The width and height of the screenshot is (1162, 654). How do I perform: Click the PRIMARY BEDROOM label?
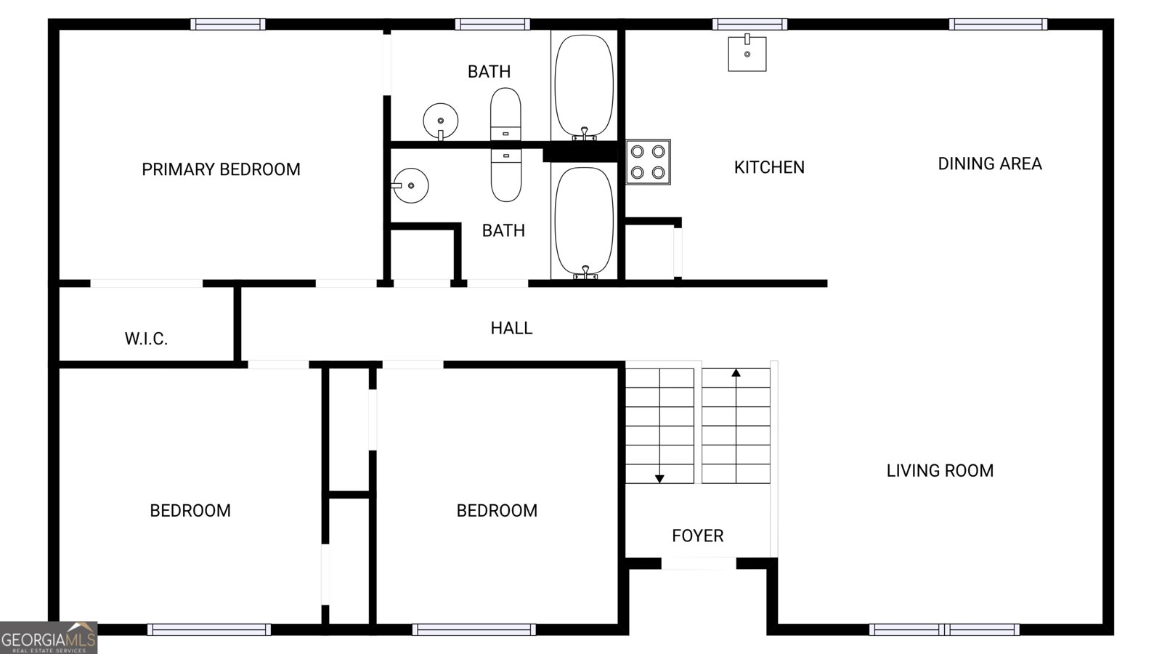click(221, 169)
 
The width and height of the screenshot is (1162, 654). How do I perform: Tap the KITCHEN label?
click(769, 167)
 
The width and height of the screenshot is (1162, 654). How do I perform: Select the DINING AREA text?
click(990, 163)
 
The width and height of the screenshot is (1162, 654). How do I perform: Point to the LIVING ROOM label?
click(940, 471)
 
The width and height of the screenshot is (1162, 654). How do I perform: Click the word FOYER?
click(698, 536)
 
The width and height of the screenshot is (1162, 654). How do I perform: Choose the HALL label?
click(511, 328)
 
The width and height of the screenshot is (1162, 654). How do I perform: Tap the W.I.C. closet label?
click(146, 339)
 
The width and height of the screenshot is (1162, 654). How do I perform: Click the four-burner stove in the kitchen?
click(648, 162)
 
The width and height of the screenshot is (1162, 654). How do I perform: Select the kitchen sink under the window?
click(747, 52)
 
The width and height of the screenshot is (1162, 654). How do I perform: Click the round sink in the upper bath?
click(440, 121)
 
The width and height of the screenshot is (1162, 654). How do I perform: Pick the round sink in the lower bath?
click(410, 185)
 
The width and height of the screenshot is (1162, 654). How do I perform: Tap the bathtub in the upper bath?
click(584, 87)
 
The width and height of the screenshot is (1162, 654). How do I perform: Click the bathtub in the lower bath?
click(584, 223)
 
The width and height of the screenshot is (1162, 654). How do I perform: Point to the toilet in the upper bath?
click(505, 114)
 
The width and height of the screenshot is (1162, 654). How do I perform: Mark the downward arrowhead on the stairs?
click(659, 479)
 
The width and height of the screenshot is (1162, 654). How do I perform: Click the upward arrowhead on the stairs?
click(736, 373)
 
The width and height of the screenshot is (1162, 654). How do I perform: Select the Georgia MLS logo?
click(49, 638)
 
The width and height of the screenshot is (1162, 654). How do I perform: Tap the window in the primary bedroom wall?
click(228, 25)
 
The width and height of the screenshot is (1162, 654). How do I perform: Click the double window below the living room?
click(944, 629)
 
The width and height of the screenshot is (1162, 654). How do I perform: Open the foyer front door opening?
click(699, 563)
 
